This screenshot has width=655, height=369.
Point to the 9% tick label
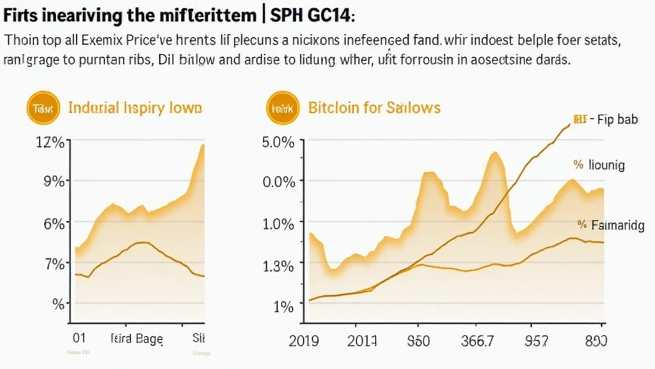point(53,181)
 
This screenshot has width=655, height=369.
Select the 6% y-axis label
point(53,224)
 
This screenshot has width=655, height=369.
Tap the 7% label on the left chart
point(53,263)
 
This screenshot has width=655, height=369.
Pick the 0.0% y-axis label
point(278,182)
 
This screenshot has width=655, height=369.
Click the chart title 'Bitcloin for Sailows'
point(374,108)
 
